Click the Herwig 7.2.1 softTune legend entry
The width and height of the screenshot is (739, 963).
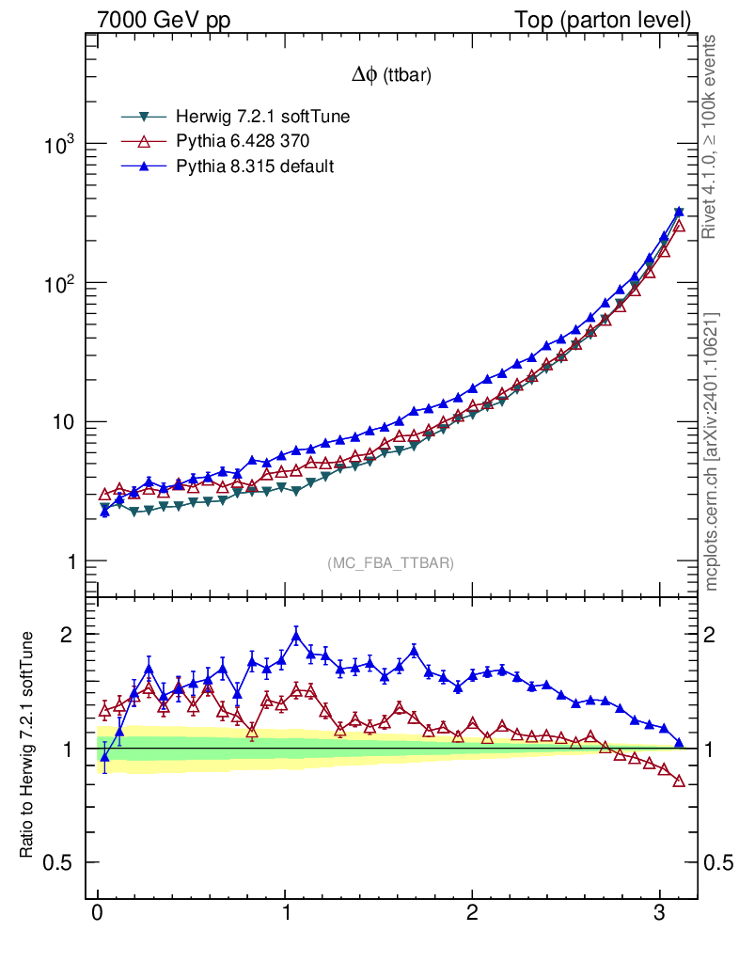tap(256, 117)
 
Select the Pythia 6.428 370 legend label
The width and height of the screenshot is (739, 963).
tap(243, 141)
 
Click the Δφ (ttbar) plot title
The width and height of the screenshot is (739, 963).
tap(391, 77)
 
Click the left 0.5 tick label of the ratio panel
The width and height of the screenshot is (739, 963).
tap(59, 863)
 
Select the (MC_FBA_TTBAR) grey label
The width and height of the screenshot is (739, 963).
tap(391, 563)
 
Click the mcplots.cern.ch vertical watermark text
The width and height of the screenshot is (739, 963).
tap(712, 451)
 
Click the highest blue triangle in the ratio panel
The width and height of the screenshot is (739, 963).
tap(296, 637)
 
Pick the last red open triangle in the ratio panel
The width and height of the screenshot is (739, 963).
tap(679, 781)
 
